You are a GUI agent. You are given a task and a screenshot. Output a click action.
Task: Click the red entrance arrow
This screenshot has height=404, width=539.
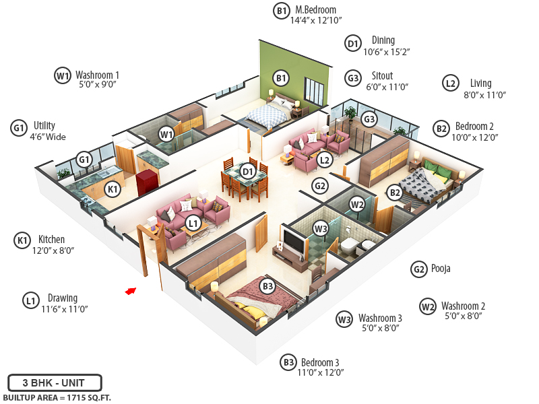pos(131,291)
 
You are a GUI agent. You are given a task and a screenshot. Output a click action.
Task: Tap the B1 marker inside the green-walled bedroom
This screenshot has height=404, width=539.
pos(281,78)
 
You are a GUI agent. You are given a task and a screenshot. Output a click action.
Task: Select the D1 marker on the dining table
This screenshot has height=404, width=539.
pos(248,172)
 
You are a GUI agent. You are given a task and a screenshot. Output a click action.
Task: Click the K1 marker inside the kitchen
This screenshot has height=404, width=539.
pos(113,189)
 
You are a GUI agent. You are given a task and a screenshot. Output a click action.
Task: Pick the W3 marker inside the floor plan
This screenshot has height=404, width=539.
pos(321,230)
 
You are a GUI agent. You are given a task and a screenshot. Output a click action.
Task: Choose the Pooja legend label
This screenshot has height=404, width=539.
pos(441,269)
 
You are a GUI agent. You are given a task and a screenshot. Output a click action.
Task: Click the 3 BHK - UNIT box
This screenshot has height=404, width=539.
pos(55,382)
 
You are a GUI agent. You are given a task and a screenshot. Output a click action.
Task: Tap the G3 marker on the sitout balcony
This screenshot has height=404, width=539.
pos(369,119)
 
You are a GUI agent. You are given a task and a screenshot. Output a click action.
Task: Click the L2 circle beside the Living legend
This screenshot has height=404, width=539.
pos(450,83)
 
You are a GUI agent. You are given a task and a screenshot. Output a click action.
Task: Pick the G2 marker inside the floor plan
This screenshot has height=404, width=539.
pos(319,186)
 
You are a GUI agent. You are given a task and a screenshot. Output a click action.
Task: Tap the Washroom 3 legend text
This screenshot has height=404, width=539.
pos(380,318)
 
